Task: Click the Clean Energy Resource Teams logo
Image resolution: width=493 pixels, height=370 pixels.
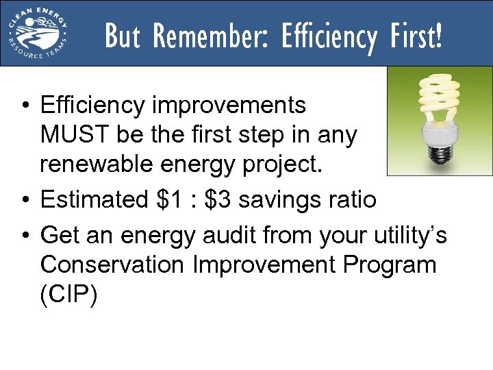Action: tap(38, 32)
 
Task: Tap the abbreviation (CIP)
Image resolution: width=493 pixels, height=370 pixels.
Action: tap(69, 295)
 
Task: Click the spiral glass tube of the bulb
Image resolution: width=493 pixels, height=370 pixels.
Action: tap(439, 100)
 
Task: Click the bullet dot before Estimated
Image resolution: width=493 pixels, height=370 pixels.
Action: tap(24, 201)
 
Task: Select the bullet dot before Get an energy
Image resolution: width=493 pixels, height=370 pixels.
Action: tap(24, 236)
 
